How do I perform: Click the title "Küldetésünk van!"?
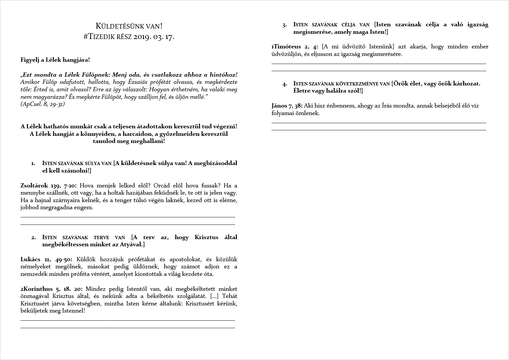129,26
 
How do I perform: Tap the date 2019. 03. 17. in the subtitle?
153,37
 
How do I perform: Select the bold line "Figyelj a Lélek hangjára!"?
55,60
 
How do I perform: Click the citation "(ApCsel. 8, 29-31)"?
43,104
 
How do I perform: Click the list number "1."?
33,163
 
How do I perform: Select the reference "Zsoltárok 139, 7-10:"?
48,186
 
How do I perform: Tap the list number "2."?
33,238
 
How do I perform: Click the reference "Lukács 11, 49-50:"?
46,259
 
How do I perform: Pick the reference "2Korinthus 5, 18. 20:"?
51,289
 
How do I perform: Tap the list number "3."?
284,25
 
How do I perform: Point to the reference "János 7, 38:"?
287,106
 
